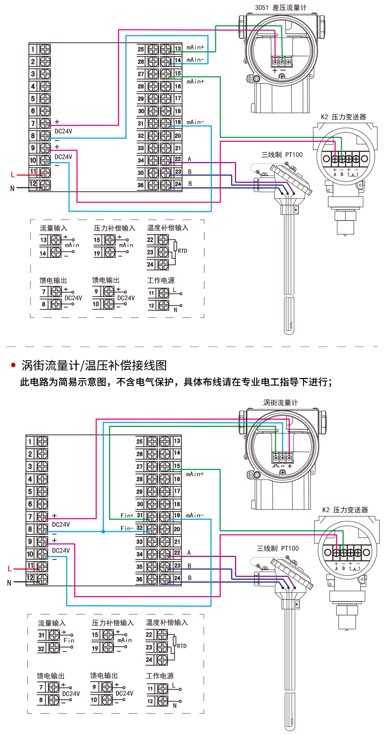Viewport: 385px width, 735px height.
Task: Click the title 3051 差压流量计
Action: point(281,7)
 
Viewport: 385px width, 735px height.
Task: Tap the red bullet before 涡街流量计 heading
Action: point(14,365)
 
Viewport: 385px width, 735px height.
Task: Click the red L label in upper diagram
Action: point(13,175)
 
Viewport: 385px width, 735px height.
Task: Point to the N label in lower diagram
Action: point(9,583)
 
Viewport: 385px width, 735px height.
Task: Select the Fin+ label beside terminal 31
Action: point(127,516)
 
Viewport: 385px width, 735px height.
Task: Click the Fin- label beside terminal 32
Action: point(127,528)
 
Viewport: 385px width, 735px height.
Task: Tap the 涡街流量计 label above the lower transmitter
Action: point(281,403)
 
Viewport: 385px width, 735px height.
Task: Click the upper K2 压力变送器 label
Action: point(343,117)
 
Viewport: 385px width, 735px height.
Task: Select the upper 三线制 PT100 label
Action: point(282,155)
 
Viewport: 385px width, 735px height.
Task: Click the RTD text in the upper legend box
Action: point(182,251)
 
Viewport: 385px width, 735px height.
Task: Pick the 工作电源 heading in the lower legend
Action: point(160,676)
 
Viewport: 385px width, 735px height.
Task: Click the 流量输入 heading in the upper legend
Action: point(53,228)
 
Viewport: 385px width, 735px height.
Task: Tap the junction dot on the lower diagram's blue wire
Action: point(103,532)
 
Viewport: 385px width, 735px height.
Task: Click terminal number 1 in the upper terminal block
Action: point(33,50)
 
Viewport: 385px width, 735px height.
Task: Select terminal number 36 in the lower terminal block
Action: point(139,579)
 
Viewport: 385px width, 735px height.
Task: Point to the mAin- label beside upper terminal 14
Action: point(195,60)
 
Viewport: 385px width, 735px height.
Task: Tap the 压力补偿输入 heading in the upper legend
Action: point(114,228)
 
